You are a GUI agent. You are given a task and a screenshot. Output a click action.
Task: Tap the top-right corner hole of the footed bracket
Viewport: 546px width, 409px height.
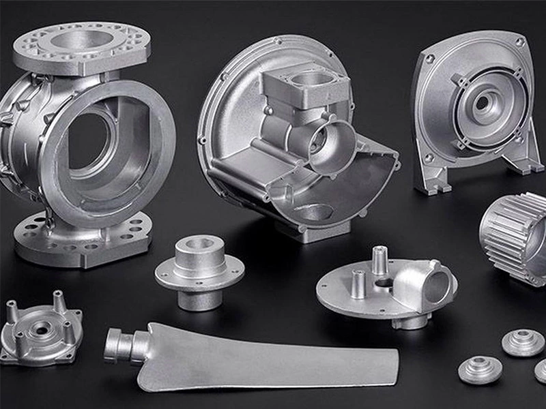pos(520,42)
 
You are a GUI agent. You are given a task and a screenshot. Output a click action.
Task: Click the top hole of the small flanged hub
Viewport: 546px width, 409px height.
pos(199,244)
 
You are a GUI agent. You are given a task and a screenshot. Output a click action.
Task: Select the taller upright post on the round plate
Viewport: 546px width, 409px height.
pos(380,260)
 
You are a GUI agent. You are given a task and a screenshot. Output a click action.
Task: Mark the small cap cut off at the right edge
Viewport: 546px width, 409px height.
pos(541,371)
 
